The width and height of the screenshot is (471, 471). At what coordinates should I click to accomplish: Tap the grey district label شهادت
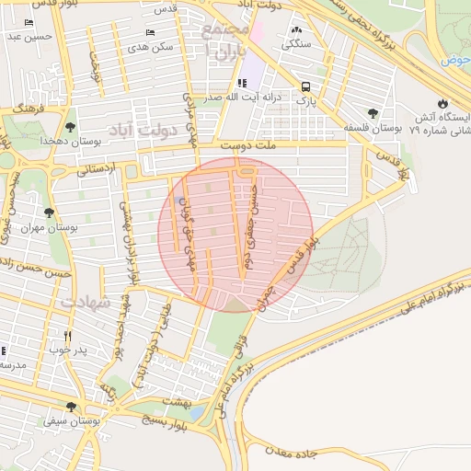pyautogui.click(x=85, y=301)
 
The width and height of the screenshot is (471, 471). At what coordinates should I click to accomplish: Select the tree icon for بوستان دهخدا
pyautogui.click(x=71, y=127)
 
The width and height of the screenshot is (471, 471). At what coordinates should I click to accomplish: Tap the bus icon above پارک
pyautogui.click(x=304, y=87)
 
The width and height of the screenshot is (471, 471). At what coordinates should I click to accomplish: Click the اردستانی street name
pyautogui.click(x=96, y=168)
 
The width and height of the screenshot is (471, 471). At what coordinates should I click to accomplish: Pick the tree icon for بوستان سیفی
pyautogui.click(x=71, y=407)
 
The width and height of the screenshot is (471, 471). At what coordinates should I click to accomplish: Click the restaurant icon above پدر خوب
pyautogui.click(x=67, y=336)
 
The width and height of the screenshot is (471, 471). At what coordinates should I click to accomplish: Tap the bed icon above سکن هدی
pyautogui.click(x=151, y=31)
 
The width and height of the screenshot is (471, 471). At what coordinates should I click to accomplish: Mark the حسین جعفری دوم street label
pyautogui.click(x=250, y=226)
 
